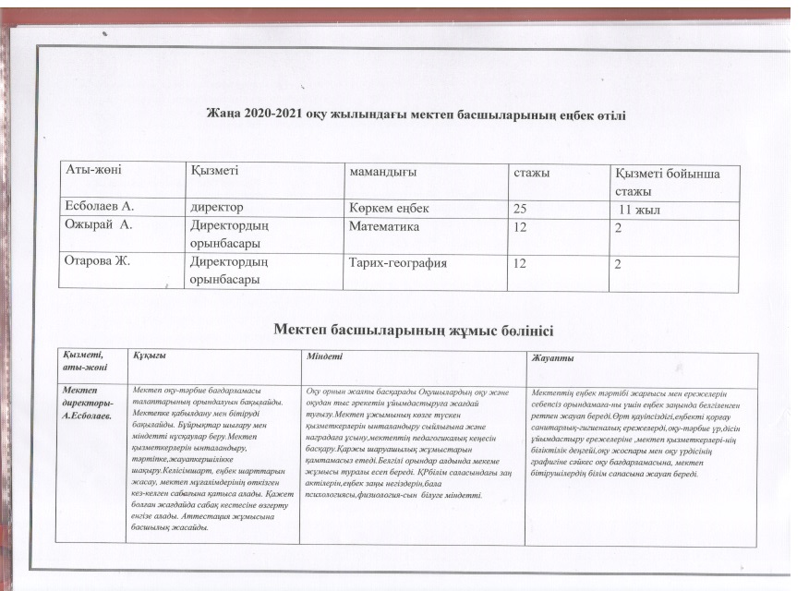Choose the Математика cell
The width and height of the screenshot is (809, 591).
pyautogui.click(x=384, y=226)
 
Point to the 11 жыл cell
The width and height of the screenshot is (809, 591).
pyautogui.click(x=641, y=209)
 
